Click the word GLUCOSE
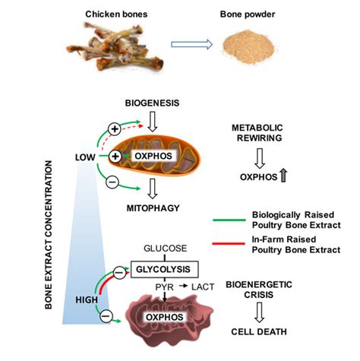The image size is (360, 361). (161, 247)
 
